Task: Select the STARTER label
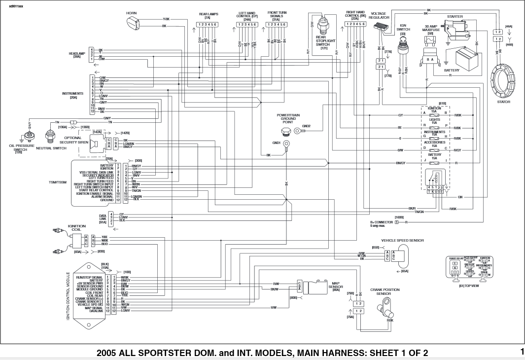point(455,16)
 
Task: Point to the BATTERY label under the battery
point(452,71)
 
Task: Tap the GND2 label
point(306,126)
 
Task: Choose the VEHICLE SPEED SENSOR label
point(402,240)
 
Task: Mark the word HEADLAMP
point(77,53)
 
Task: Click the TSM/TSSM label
point(57,182)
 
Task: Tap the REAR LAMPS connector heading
point(208,14)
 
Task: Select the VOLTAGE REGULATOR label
point(379,15)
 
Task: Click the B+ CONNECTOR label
point(382,222)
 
